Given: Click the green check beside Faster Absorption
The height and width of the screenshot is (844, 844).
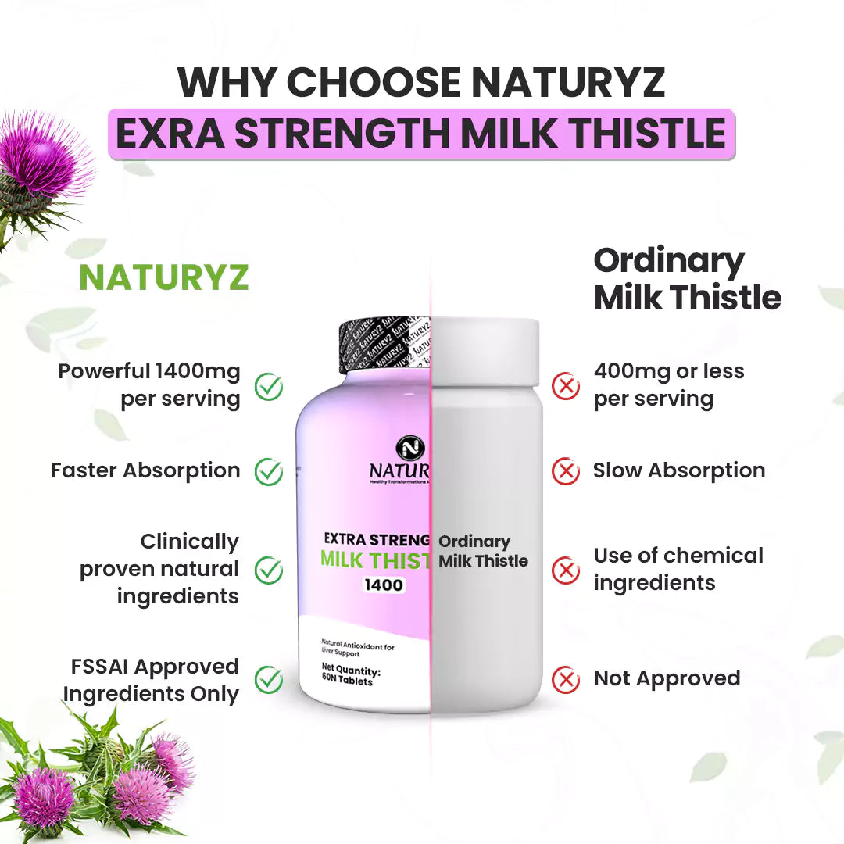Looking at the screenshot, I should pos(269,471).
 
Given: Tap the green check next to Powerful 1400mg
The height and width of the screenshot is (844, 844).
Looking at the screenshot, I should pos(269,386).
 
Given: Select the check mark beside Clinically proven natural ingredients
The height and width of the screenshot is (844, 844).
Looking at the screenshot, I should pos(269,570).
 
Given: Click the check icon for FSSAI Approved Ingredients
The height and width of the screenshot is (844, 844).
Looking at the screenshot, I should pos(269,679).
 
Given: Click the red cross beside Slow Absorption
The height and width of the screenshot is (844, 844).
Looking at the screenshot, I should pos(566,471).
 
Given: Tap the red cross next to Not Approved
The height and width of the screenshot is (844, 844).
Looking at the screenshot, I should pos(566,679).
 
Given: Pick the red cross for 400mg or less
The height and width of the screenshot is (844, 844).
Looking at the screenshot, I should pos(566,386).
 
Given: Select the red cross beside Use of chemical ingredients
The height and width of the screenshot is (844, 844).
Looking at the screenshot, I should pos(566,570).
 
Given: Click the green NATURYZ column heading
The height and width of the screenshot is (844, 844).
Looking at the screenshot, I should pos(164,277).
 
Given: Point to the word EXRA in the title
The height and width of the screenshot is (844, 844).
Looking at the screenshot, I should pos(169,134).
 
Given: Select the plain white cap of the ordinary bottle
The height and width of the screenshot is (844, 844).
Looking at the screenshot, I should pos(485,352).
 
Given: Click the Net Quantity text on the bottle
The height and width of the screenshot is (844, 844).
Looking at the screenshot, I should pos(359,670).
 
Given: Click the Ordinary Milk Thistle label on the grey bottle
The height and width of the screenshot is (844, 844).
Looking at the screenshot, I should pos(483,551).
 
